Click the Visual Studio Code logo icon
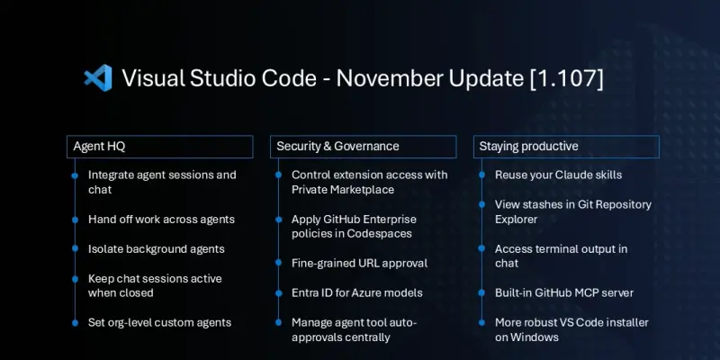coord(96,77)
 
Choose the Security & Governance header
coord(337,146)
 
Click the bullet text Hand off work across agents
coord(161,219)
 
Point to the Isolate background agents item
coord(156,248)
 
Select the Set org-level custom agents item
coord(159,322)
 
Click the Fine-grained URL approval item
coord(359,263)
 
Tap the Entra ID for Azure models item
coord(357,292)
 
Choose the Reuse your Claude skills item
coord(558,175)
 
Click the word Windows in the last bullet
coord(538,337)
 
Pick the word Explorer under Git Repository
coord(517,219)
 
